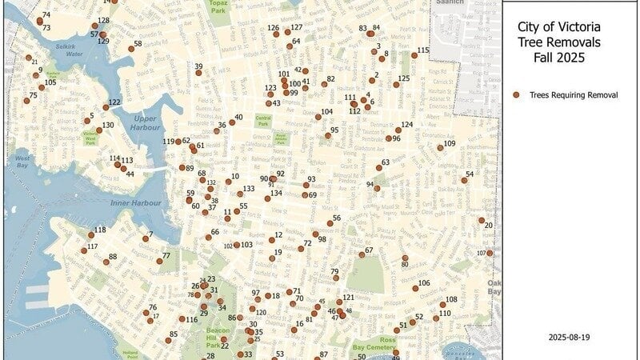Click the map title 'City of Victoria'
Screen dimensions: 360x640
558,27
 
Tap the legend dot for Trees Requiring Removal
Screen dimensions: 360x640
516,94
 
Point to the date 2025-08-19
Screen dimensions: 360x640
570,338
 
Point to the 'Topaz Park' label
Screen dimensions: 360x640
219,7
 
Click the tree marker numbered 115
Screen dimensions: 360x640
414,55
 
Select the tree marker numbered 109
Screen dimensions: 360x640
440,148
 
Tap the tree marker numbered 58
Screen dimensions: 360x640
132,49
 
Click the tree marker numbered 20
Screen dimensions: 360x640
482,220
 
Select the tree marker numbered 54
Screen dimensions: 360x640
464,180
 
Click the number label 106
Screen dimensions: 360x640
424,283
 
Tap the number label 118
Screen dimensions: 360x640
100,230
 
